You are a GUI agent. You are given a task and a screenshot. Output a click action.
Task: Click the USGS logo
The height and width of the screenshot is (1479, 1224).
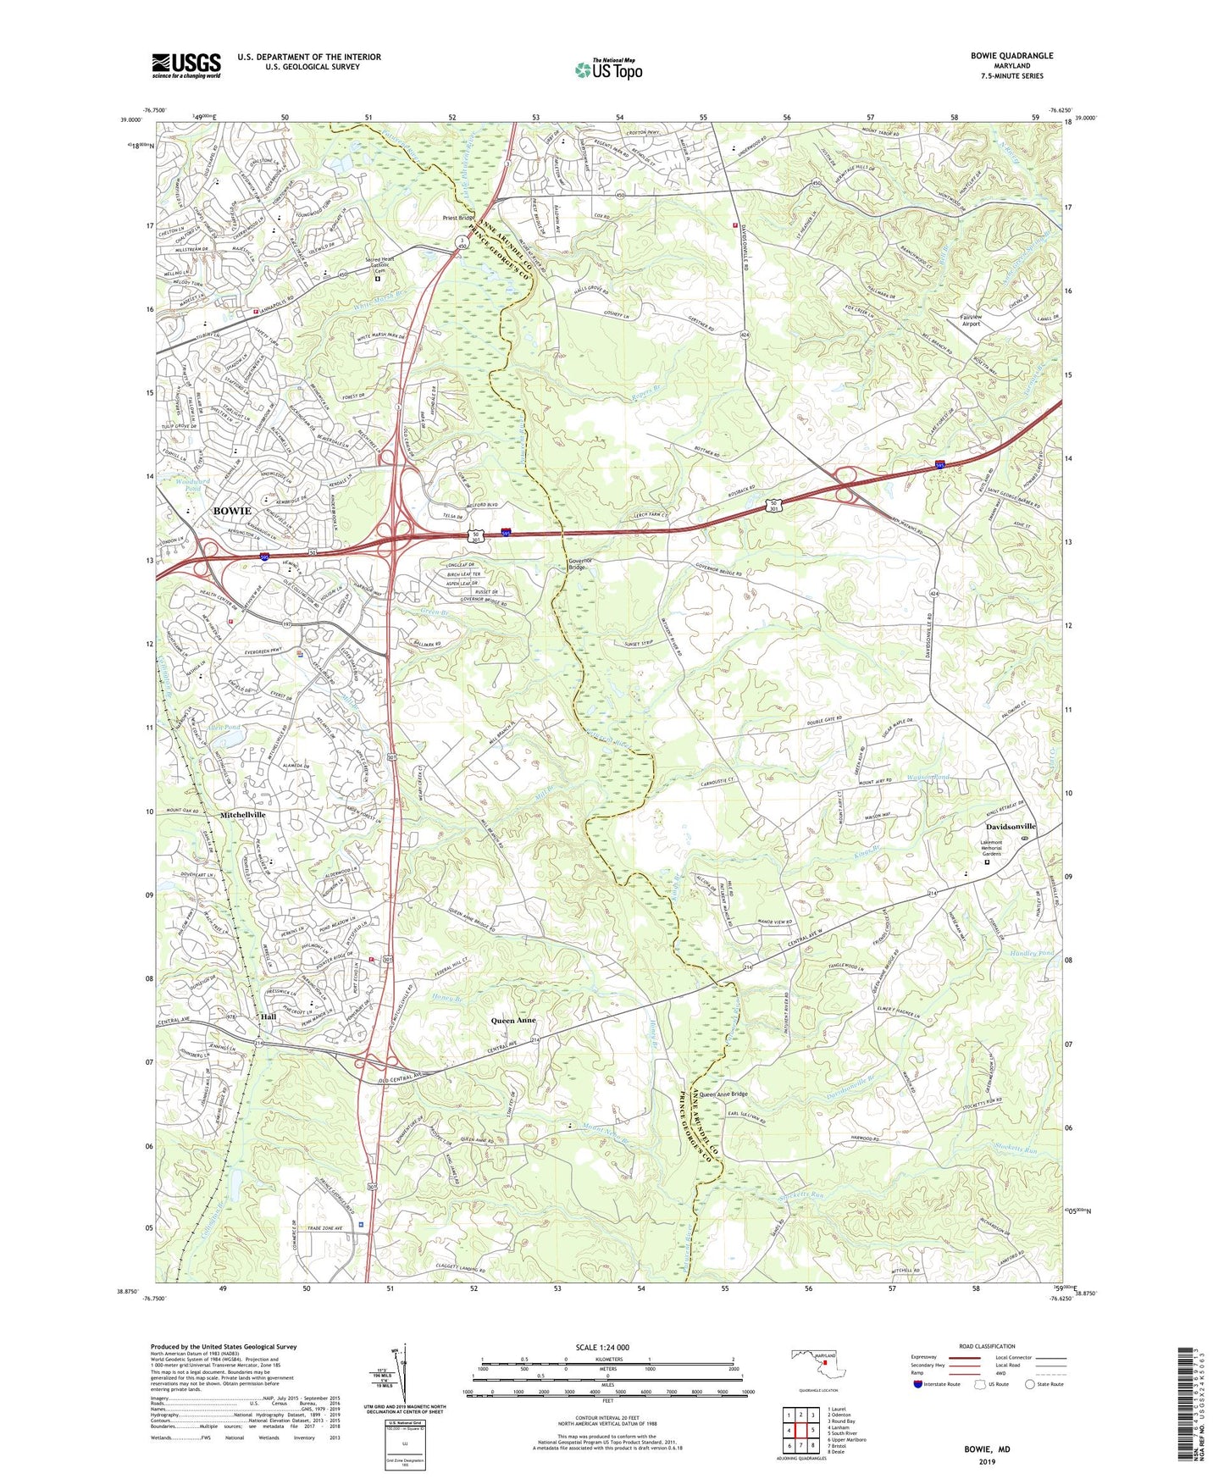click(x=186, y=65)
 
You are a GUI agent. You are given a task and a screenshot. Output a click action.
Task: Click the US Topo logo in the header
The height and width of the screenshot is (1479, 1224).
click(x=607, y=69)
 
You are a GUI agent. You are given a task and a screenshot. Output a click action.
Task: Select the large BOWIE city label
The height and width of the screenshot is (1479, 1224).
click(x=231, y=512)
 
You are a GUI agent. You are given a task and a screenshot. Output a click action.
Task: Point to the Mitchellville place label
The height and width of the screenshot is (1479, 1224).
click(x=243, y=815)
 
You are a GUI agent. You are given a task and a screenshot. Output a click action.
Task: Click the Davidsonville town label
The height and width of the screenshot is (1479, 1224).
click(x=1010, y=827)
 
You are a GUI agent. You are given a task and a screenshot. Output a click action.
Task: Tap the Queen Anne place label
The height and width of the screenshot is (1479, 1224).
click(x=514, y=1021)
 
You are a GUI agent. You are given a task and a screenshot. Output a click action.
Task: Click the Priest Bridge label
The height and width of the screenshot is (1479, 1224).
click(x=459, y=218)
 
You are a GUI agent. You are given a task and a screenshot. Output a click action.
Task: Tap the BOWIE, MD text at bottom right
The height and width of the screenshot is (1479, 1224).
click(x=987, y=1449)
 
